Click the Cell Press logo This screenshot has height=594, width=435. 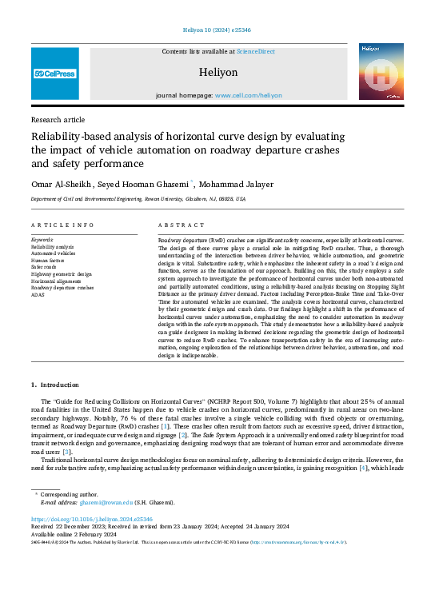coord(55,74)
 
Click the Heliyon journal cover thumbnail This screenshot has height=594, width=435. coord(381,73)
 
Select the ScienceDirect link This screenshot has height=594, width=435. coord(255,51)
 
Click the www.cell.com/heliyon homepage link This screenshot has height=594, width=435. coord(248,95)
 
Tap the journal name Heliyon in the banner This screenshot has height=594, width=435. coord(217,71)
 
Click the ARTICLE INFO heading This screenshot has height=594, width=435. coord(62,225)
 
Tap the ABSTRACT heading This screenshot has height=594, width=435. coord(176,225)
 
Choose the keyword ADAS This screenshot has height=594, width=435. coord(38,294)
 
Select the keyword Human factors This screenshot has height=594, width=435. coord(49,261)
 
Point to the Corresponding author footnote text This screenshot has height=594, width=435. coord(74,496)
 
